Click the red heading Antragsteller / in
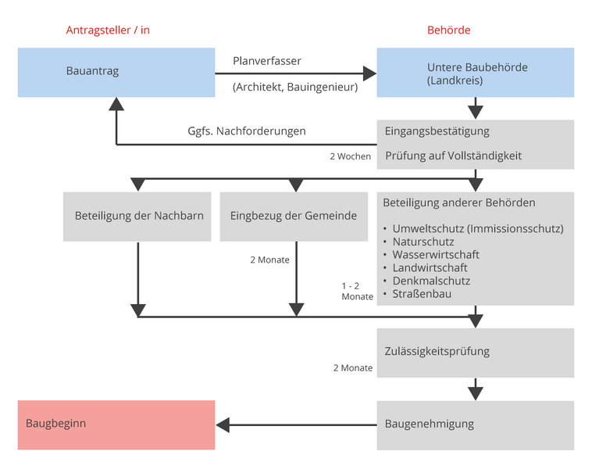(x=108, y=30)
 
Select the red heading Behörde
(x=448, y=30)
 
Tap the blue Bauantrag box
(x=116, y=73)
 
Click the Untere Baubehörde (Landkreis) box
(x=476, y=73)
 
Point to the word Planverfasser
(x=267, y=61)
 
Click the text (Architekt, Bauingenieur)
(x=295, y=87)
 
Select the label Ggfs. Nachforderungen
(x=247, y=131)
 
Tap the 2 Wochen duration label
(x=351, y=156)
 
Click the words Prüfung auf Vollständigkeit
(x=454, y=156)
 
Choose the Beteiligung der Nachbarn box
(x=137, y=217)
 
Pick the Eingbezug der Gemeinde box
(x=294, y=217)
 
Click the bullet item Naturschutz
(x=423, y=242)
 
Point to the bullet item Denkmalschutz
(x=431, y=281)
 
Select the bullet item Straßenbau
(x=422, y=294)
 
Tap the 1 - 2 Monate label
(x=357, y=292)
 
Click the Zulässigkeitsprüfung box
(x=476, y=353)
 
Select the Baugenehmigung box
(x=476, y=425)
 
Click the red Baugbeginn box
(x=116, y=425)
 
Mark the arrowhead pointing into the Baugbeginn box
(x=223, y=425)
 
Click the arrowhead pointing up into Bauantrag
(x=116, y=104)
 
